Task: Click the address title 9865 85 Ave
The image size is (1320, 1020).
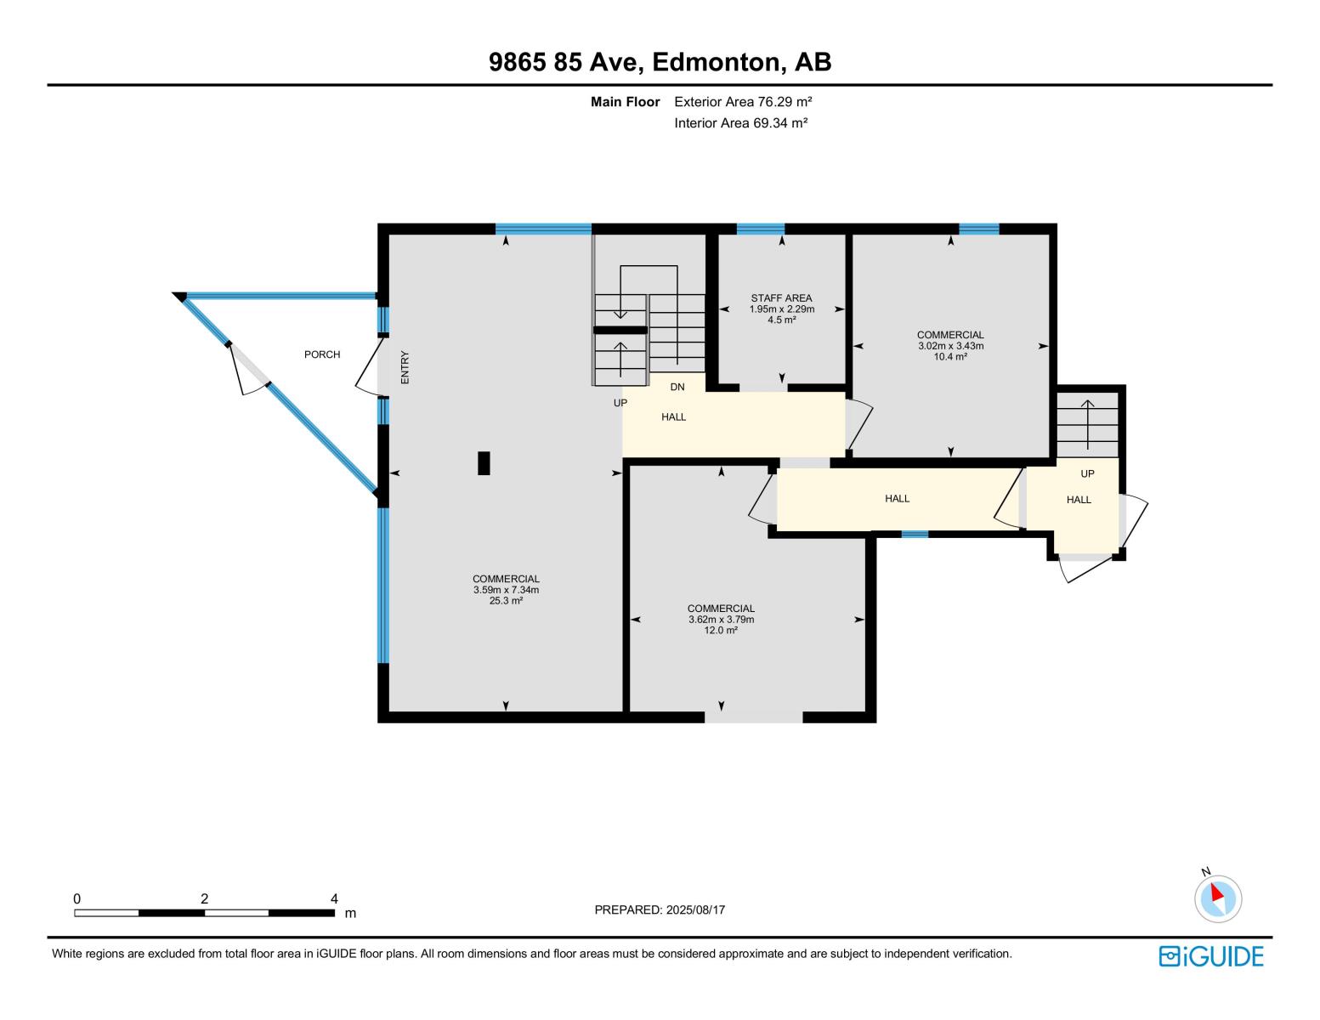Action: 660,62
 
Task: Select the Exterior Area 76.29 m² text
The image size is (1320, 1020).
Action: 743,102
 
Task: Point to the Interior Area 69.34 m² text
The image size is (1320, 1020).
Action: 740,123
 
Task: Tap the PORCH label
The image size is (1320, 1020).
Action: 322,354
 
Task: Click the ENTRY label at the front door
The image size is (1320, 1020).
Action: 405,367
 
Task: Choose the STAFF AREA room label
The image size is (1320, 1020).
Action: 781,298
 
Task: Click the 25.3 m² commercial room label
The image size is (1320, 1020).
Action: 506,590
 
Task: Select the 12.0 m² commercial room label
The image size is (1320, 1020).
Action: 721,620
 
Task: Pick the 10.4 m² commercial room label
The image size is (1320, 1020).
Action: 950,346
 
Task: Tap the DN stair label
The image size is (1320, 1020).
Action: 677,388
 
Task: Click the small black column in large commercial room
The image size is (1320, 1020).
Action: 484,462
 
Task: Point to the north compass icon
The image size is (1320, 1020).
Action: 1217,898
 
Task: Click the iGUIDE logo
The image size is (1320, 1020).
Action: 1211,956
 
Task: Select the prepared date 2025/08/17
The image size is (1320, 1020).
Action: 660,910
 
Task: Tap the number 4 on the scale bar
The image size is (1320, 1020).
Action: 334,898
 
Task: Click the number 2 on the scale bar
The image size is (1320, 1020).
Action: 204,898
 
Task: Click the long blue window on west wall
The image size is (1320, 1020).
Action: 383,585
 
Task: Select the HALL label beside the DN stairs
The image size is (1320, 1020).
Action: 674,417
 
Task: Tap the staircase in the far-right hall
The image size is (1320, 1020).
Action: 1087,422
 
